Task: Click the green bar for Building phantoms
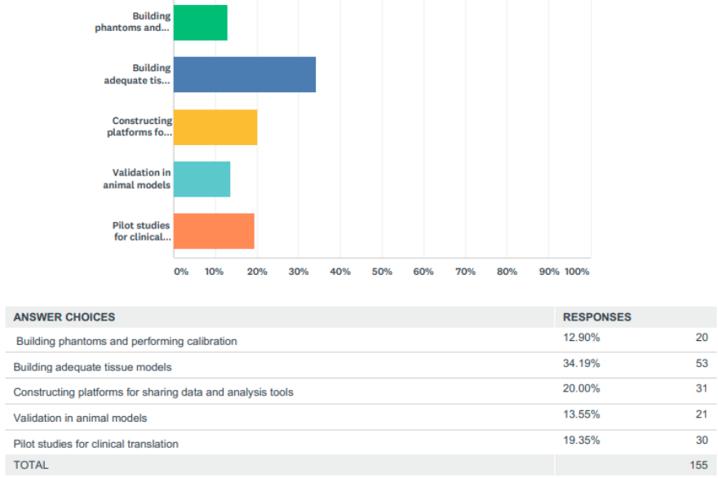(200, 22)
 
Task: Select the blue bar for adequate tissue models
(244, 74)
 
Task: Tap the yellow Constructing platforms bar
(215, 127)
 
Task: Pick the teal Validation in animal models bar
(202, 179)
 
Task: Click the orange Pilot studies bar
(214, 231)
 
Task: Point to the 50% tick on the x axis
(382, 272)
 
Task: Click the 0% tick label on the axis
(180, 272)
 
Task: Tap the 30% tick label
(299, 272)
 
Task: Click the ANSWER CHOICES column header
(64, 317)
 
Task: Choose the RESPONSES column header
(597, 317)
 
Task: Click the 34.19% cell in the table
(581, 364)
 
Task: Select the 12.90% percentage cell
(581, 338)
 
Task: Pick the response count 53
(701, 364)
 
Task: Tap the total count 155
(698, 465)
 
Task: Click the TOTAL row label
(31, 465)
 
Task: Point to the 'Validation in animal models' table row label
(80, 418)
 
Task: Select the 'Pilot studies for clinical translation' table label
(95, 444)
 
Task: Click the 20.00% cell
(581, 389)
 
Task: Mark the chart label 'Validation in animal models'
(137, 179)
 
